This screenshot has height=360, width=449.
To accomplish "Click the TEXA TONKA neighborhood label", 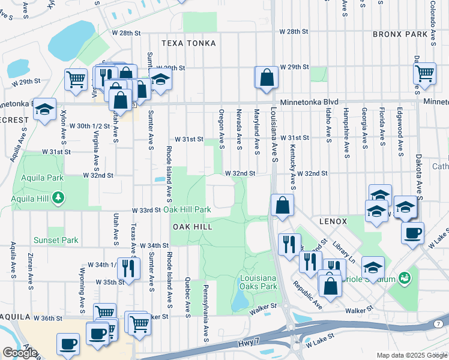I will (x=188, y=43).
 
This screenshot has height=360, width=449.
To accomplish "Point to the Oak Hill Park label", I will (x=187, y=209).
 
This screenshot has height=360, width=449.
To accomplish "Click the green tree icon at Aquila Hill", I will (x=58, y=196).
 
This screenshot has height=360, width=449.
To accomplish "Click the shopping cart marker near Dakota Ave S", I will (x=424, y=73).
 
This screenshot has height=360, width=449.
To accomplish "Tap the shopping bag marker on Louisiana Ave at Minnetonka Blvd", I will (x=267, y=77).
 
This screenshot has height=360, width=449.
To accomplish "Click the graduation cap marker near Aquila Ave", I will (x=44, y=109).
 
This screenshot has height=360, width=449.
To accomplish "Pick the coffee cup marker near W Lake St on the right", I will (x=412, y=233).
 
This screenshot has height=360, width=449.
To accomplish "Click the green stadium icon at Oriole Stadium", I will (x=405, y=277).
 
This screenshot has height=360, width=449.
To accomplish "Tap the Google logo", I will (x=20, y=353).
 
